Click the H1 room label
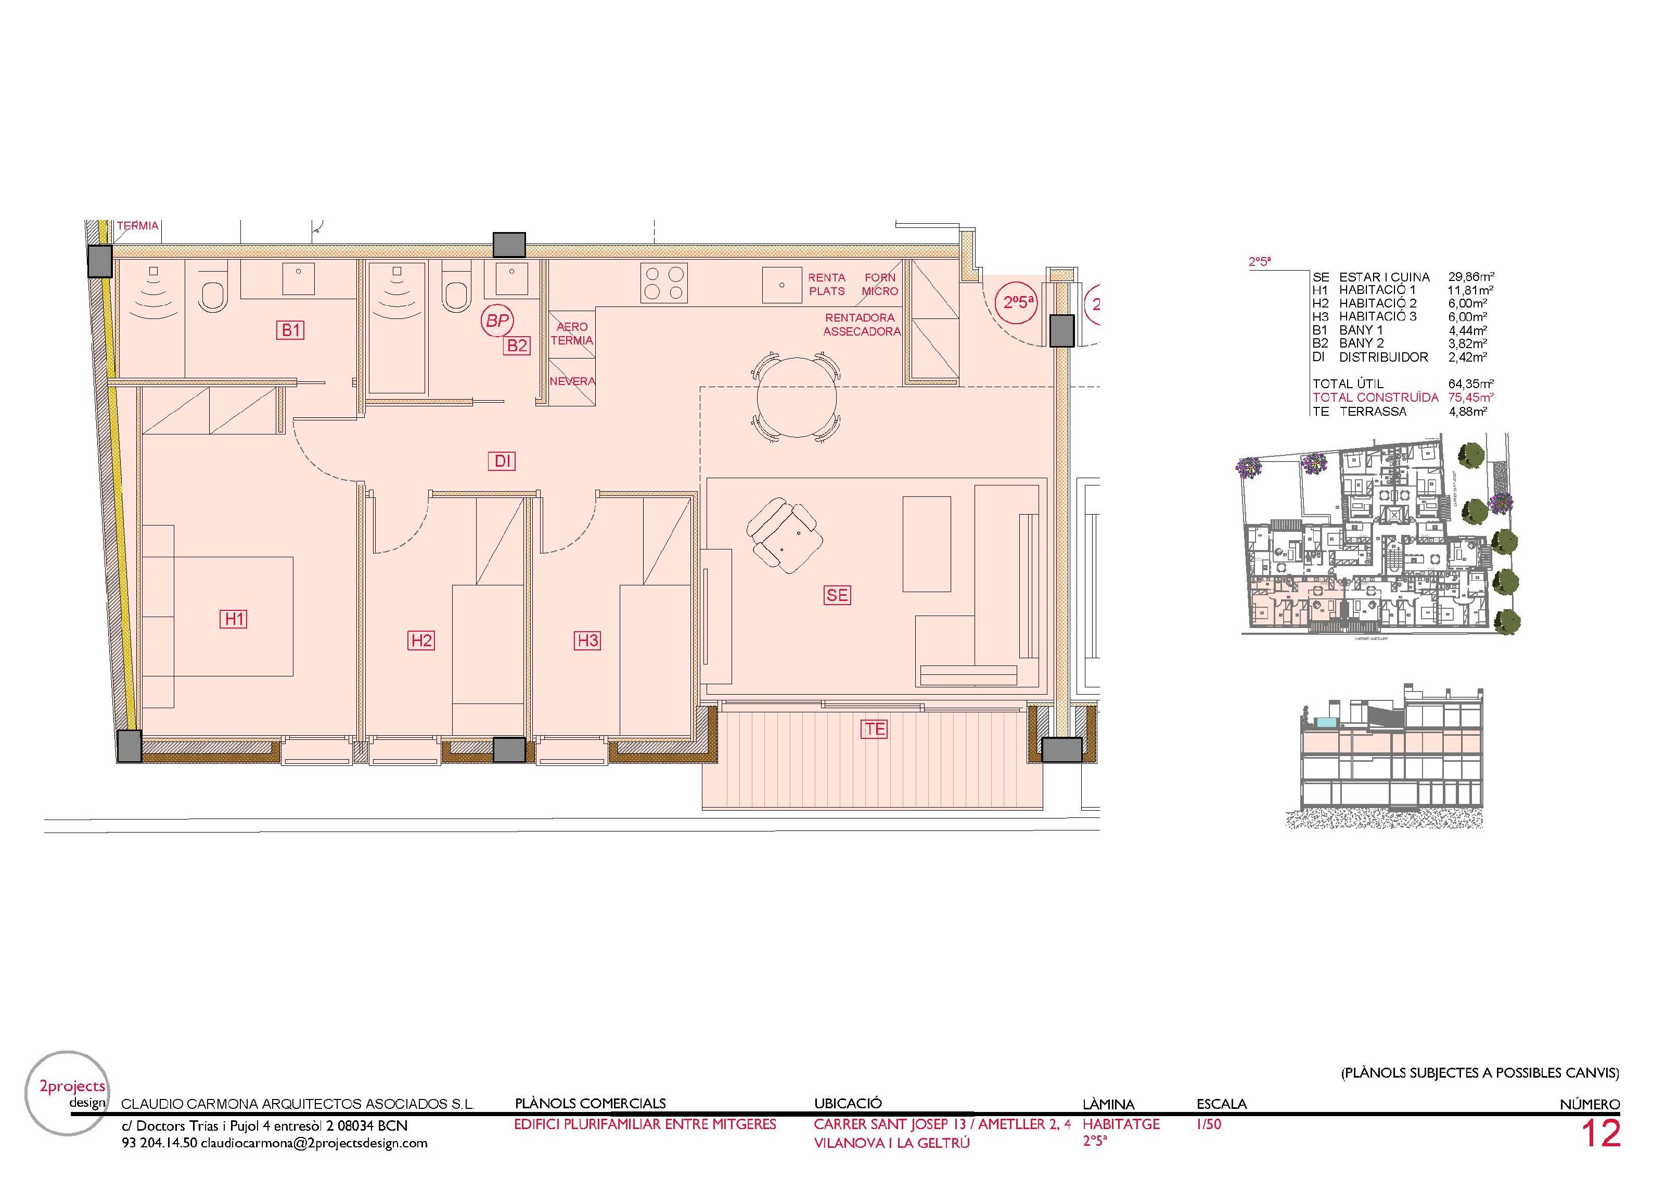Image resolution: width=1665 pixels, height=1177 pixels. click(x=234, y=619)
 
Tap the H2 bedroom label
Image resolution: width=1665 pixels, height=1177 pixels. click(x=421, y=641)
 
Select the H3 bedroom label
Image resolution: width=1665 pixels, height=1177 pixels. click(x=587, y=641)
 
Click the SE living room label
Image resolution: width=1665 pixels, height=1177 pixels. click(x=837, y=595)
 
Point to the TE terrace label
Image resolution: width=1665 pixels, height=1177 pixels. click(x=875, y=729)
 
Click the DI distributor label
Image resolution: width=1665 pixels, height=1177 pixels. click(x=503, y=460)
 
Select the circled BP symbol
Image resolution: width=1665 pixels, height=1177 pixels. click(x=497, y=320)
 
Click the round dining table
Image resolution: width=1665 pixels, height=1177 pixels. click(x=798, y=398)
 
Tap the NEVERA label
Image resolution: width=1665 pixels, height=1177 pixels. click(x=572, y=381)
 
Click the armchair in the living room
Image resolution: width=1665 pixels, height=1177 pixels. click(x=785, y=535)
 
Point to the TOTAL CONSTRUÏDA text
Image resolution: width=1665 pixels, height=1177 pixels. click(x=1375, y=398)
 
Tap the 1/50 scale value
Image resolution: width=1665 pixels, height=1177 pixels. click(x=1209, y=1125)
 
